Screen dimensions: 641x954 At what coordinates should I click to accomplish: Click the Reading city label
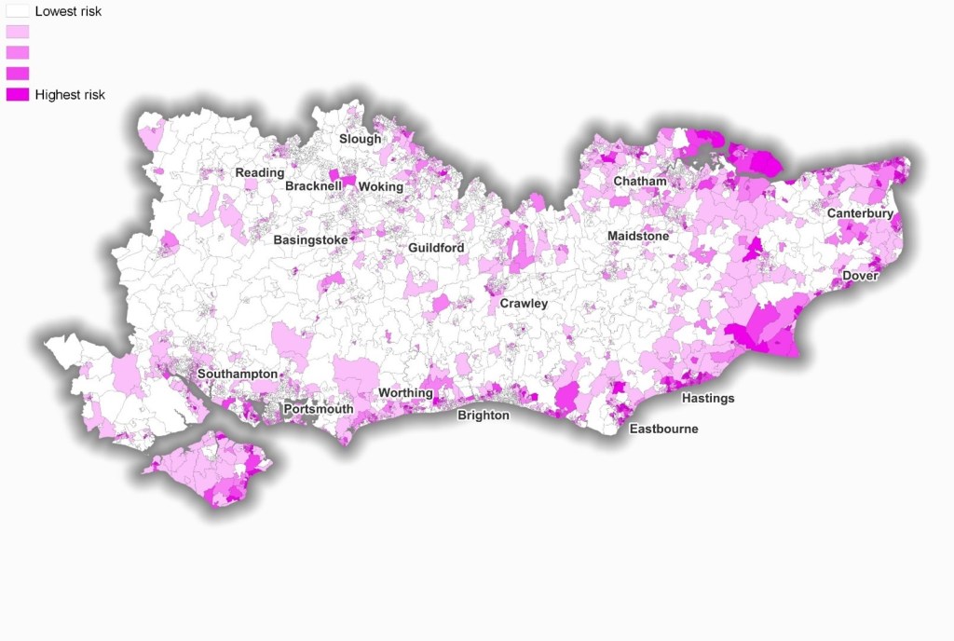coord(260,173)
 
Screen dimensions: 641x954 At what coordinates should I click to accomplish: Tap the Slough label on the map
coord(360,139)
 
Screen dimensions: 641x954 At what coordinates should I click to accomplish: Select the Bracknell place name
coord(313,186)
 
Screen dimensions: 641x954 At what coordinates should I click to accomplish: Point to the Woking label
coord(381,186)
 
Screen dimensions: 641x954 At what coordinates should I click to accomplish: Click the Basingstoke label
coord(310,240)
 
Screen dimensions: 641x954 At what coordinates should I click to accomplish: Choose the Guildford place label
coord(436,248)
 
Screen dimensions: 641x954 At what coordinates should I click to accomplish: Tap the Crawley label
coord(524,304)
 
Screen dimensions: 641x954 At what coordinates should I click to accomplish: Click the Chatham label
coord(639,181)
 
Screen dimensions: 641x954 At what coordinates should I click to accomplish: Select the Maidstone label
coord(638,237)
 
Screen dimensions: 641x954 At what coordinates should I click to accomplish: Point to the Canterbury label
coord(860,214)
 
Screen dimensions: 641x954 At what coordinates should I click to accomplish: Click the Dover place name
coord(860,276)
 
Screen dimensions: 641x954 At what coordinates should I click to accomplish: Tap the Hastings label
coord(708,399)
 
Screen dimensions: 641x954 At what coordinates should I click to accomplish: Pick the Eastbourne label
coord(663,430)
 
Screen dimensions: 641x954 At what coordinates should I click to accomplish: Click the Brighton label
coord(483,416)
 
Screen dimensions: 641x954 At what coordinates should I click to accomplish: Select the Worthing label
coord(405,393)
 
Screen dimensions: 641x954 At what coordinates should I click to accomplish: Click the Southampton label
coord(237,375)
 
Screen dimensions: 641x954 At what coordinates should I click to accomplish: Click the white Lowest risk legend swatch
coord(18,12)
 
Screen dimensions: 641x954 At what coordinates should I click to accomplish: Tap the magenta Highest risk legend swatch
coord(18,94)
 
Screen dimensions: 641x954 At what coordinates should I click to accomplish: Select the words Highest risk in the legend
coord(70,94)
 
